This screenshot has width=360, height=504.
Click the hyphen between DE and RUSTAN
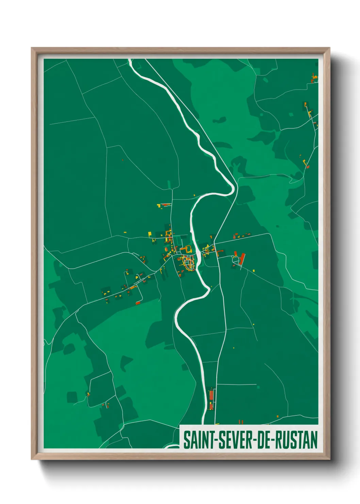272,440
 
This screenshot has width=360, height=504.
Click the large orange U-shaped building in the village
186,250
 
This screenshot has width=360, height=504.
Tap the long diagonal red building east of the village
242,259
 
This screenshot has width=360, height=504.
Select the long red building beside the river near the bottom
211,395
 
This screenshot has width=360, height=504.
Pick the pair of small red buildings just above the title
241,422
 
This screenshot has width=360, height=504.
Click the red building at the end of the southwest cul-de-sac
138,303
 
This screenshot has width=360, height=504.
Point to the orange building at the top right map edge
314,77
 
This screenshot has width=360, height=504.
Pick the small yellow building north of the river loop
195,195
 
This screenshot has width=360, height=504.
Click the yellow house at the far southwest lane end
88,394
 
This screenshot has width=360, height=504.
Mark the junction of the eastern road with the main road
214,244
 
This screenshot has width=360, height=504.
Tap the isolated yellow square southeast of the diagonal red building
254,271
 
